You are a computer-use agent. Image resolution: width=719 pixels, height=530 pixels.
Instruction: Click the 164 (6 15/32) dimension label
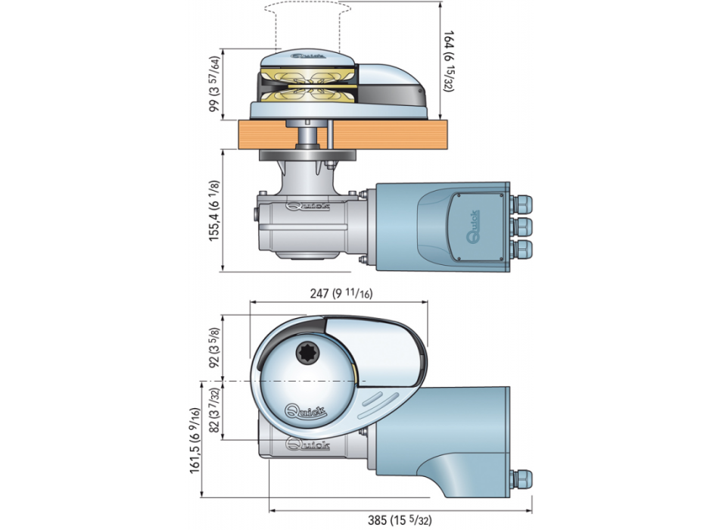(449, 60)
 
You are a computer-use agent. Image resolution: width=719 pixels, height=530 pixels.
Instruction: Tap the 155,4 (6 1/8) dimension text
(215, 210)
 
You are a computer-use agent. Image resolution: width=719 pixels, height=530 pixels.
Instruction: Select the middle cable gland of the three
(521, 226)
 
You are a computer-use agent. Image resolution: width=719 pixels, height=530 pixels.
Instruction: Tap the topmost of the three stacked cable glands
(521, 204)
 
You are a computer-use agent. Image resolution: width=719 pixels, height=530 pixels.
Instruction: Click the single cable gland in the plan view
(521, 479)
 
